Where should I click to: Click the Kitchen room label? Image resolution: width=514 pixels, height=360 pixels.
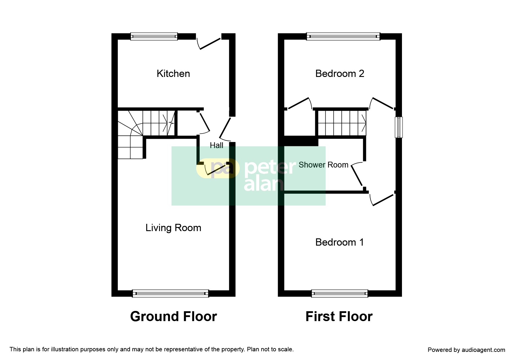(173, 73)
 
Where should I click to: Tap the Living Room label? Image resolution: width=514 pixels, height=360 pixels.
(173, 228)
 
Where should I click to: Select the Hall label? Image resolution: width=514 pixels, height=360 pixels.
(217, 145)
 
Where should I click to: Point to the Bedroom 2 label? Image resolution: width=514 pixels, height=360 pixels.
(340, 73)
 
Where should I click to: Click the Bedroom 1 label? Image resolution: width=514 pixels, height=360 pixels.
(340, 242)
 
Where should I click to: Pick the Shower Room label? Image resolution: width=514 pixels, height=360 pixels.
(323, 165)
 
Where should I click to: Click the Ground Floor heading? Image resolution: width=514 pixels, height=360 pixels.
(174, 316)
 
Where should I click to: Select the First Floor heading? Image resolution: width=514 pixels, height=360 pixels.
(339, 316)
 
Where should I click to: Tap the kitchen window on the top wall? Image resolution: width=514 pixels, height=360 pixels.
(154, 36)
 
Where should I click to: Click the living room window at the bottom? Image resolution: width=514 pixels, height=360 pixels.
(170, 294)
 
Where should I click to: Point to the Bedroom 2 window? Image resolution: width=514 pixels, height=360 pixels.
(343, 36)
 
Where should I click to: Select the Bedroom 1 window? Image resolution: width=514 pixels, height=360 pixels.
(340, 294)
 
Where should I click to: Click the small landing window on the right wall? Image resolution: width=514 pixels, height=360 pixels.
(399, 127)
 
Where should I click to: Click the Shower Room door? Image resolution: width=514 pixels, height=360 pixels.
(357, 175)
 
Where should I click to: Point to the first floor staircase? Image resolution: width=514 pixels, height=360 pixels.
(342, 123)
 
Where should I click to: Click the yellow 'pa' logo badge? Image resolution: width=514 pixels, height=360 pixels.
(218, 168)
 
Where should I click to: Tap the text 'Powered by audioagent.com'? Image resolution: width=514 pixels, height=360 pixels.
(466, 350)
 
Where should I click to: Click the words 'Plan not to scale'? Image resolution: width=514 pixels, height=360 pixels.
(270, 349)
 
